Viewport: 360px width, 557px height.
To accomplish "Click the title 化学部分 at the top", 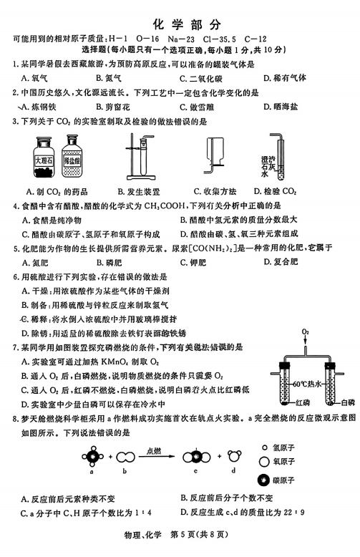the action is click(x=187, y=24).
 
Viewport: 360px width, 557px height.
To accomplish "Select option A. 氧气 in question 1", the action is click(x=34, y=78).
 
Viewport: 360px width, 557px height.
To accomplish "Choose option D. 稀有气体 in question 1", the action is click(x=285, y=78).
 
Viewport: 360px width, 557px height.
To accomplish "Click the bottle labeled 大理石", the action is click(x=44, y=158).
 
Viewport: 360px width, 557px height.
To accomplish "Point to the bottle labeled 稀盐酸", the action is click(x=72, y=156).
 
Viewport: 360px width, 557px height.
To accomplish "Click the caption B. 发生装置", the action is click(x=139, y=192).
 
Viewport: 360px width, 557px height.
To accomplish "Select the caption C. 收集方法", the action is click(x=215, y=191).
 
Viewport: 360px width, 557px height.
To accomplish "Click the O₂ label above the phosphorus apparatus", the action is click(x=306, y=331).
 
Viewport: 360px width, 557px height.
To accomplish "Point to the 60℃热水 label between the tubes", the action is click(x=308, y=384).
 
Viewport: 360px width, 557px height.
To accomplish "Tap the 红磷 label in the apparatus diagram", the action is click(x=303, y=402).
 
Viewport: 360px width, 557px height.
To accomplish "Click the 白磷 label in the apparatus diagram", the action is click(x=348, y=402).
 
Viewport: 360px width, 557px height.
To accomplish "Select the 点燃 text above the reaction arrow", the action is click(x=154, y=451).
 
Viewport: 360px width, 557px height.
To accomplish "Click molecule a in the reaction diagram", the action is click(x=92, y=457).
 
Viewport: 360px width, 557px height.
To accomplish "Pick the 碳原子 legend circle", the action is click(x=264, y=480).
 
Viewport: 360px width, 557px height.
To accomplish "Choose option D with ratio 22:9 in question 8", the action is click(x=242, y=512).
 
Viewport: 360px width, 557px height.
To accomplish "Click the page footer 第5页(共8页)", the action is click(x=199, y=535).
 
